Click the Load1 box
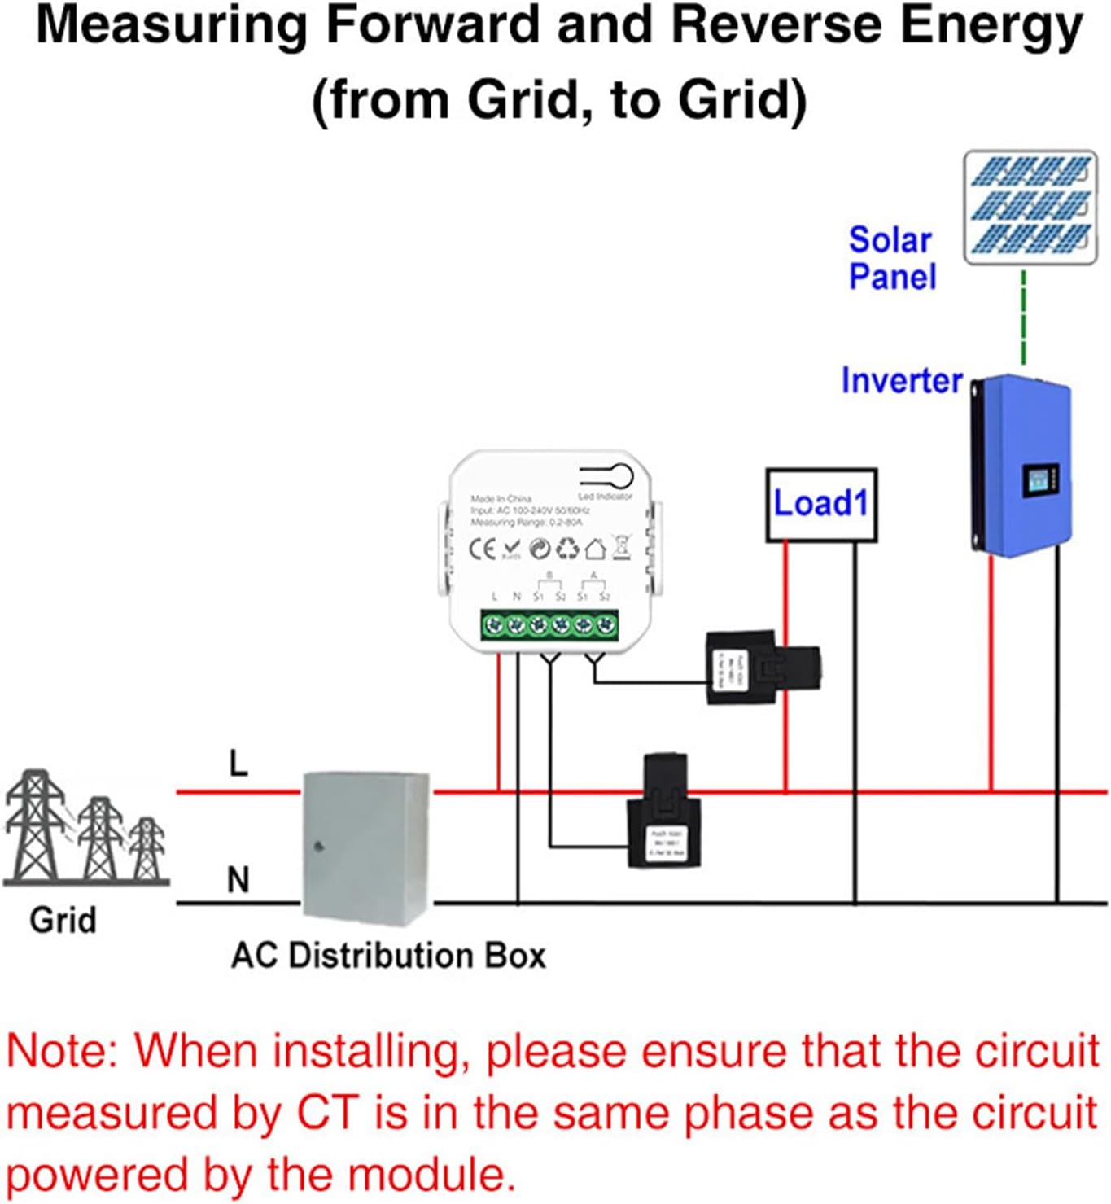click(821, 505)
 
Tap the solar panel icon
click(1030, 207)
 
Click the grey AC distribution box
click(365, 847)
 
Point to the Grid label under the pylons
click(63, 921)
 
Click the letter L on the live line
click(238, 764)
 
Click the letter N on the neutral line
click(238, 880)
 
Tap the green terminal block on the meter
click(549, 625)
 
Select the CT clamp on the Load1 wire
click(762, 668)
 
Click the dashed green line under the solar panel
click(1023, 318)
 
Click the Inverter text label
click(901, 380)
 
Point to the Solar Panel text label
click(892, 258)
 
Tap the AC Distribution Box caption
click(388, 955)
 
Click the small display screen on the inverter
click(1039, 482)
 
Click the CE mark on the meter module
click(482, 549)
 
